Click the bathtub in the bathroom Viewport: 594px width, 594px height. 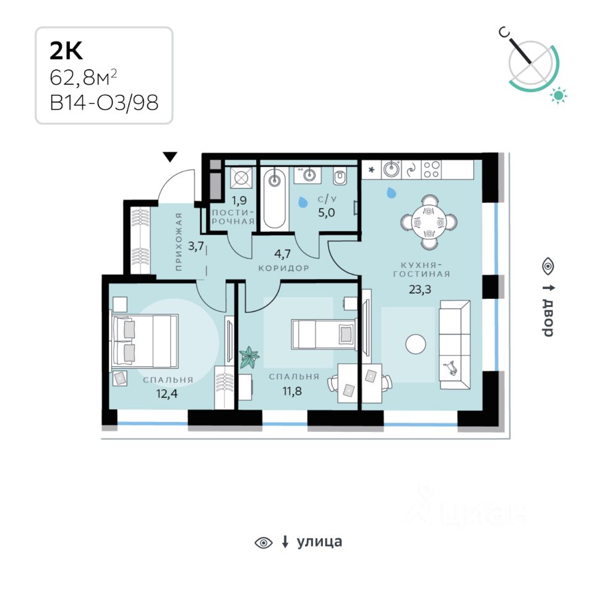pos(274,199)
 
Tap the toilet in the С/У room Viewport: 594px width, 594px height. pos(340,176)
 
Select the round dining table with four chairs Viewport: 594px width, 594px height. pos(429,222)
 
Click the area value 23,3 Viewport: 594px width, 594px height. pos(420,290)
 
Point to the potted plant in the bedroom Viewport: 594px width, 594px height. pos(249,357)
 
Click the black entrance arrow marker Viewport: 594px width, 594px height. pos(170,157)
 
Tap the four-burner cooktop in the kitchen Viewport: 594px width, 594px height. pos(431,170)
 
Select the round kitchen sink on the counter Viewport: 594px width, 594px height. pos(391,169)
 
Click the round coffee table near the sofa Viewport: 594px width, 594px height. pos(416,344)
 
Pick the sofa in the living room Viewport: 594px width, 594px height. pos(455,345)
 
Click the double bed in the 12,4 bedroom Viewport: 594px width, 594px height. pos(144,341)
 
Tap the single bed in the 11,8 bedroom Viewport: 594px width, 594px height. pos(324,334)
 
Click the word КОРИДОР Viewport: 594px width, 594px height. pos(284,268)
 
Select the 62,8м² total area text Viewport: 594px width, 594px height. pos(84,78)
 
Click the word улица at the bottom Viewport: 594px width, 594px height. pos(319,542)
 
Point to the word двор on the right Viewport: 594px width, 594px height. pos(548,317)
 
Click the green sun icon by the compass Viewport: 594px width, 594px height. pos(558,95)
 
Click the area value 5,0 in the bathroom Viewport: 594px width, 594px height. pos(326,213)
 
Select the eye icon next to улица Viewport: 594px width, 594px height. pos(264,543)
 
